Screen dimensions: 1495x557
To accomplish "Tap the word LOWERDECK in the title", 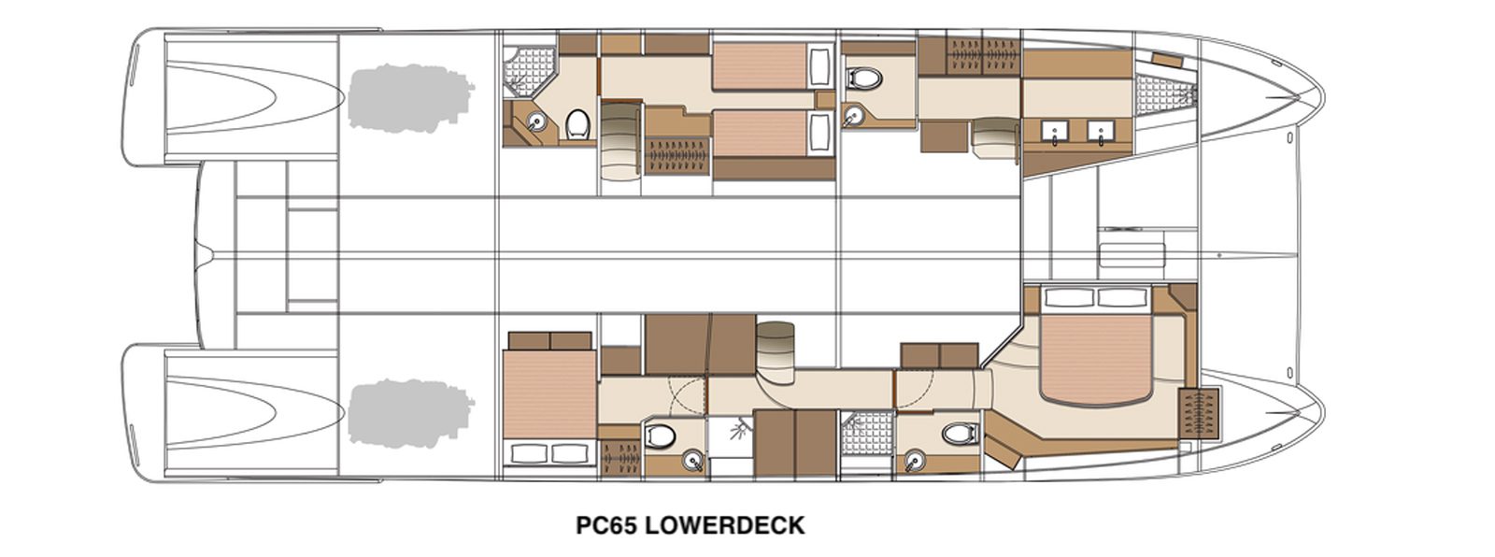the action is click(x=726, y=525).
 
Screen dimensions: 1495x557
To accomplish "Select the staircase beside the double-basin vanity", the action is click(x=994, y=140).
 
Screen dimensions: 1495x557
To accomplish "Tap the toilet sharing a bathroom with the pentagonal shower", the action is click(x=578, y=125).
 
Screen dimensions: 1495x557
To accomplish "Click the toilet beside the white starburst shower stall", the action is click(x=661, y=436).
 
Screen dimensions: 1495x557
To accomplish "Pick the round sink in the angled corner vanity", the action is click(x=536, y=121).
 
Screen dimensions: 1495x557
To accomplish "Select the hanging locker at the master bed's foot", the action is click(x=1199, y=413).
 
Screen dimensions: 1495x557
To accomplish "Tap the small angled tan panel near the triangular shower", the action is click(x=1167, y=60).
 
